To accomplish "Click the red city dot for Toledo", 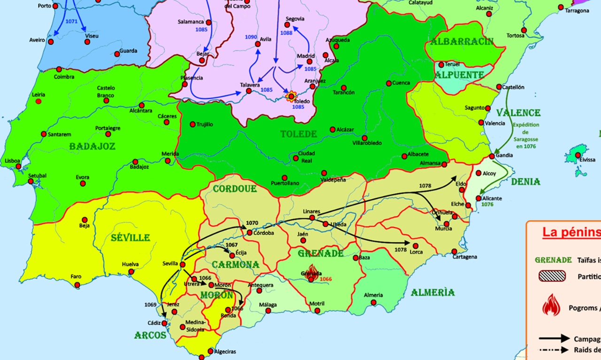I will pos(291,96).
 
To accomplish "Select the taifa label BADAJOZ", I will pos(92,146).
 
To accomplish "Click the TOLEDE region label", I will pos(299,134).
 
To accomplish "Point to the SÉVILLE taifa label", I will pos(130,237).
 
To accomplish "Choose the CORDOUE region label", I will pos(235,189).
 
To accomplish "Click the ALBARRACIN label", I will pos(462,41).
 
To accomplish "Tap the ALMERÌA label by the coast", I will pos(432,292).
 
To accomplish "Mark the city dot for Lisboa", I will pos(18,166).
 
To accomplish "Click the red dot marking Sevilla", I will pos(182,265).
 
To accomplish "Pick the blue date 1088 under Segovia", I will pos(286,33).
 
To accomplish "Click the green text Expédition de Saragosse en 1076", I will pos(526,136).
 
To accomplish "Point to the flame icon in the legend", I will pos(551,305).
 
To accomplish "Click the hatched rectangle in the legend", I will pos(552,276).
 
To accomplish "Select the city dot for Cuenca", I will pos(389,84).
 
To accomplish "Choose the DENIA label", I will pos(525,182).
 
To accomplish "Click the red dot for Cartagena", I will pos(454,251).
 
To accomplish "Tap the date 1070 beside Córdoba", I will pos(252,223).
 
